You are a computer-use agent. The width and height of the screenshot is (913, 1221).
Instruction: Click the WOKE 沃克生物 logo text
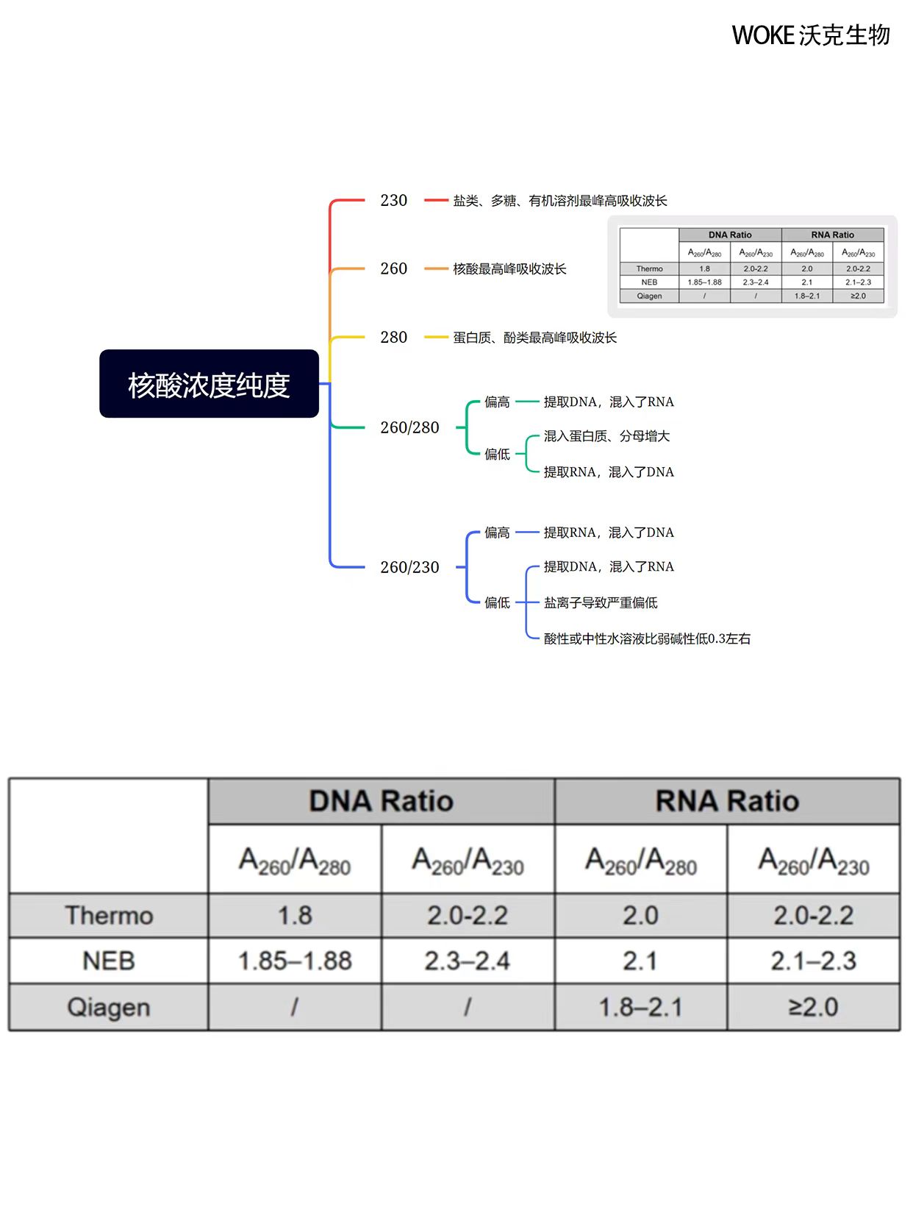coord(810,35)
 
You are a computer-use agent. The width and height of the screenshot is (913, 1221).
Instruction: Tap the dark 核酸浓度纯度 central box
coord(209,384)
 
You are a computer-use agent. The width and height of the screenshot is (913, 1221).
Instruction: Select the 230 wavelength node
coord(393,200)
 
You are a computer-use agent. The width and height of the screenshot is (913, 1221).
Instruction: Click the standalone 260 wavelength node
coord(393,268)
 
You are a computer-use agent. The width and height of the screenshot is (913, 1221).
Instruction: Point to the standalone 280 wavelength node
coord(393,337)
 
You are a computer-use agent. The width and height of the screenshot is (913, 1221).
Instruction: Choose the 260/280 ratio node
coord(409,427)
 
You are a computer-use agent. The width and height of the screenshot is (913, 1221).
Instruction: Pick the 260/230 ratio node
coord(409,567)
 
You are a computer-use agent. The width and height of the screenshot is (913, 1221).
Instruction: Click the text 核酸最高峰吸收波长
coord(509,269)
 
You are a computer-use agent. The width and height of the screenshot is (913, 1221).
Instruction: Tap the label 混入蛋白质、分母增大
coord(606,436)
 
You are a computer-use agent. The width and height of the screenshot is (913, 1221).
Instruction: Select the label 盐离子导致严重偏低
coord(601,603)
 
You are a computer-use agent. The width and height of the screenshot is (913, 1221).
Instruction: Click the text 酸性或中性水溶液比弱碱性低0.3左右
coord(647,638)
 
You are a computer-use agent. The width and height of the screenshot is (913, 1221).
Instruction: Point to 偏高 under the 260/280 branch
coord(497,402)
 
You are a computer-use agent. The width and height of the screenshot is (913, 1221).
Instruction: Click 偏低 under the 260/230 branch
coord(497,603)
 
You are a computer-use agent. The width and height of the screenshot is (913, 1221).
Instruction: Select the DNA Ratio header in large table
coord(381,801)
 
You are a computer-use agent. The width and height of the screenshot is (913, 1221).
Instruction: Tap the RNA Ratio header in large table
coord(727,801)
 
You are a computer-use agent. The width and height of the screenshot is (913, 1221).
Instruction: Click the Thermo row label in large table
coord(109,916)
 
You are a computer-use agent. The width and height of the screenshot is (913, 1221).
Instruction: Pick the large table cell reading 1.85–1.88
coord(295,961)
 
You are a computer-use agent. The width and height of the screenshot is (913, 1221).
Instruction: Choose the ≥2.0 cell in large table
coord(813,1007)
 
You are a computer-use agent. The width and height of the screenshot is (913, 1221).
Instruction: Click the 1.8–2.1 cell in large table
coord(640,1007)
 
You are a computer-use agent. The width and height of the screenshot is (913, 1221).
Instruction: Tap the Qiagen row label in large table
coord(109,1007)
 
